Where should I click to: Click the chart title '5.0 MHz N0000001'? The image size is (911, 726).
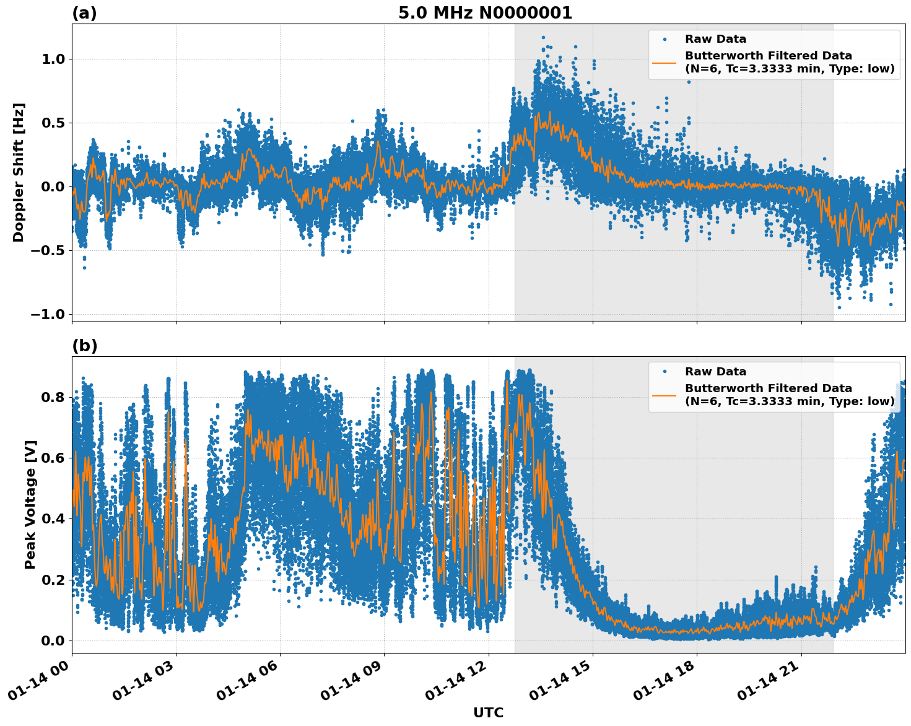[x=485, y=13]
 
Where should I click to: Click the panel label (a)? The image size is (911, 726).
[x=84, y=13]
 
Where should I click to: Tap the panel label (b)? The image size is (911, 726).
[x=84, y=346]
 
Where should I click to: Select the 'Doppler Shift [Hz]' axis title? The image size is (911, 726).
[x=19, y=172]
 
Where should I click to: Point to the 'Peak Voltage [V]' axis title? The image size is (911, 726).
[x=30, y=504]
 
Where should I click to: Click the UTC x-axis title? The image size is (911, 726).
[x=488, y=712]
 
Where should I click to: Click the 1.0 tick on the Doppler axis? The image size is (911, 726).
[x=53, y=59]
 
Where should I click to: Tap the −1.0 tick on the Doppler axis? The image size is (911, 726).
[x=47, y=314]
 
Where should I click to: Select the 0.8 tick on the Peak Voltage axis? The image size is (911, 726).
[x=53, y=397]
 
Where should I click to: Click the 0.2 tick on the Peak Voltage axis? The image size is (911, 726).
[x=53, y=580]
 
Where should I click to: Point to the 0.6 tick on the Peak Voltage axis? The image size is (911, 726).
[x=53, y=458]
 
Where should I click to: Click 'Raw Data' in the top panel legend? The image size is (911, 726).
[x=715, y=39]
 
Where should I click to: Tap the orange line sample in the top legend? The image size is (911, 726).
[x=664, y=62]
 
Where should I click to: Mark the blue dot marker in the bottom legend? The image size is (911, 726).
[x=664, y=372]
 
